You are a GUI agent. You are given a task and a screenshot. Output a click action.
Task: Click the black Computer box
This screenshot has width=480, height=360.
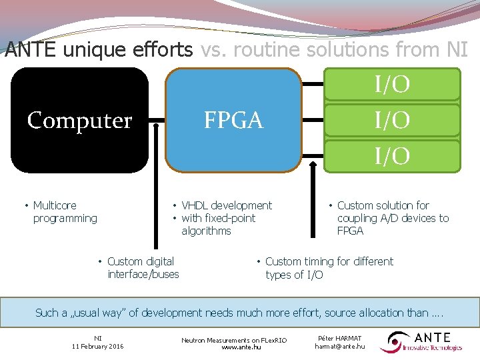click(79, 120)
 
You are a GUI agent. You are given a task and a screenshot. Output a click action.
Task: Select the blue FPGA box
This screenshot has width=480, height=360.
click(233, 120)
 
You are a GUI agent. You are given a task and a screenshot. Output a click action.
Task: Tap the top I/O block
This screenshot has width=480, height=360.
click(392, 85)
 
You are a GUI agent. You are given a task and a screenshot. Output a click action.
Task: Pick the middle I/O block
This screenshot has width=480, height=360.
click(392, 121)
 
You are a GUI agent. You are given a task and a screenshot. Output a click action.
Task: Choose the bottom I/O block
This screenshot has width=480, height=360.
click(392, 157)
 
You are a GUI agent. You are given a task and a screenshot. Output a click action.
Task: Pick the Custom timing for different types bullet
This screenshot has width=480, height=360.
click(327, 267)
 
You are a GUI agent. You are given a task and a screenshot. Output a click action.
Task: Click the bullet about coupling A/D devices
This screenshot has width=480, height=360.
click(391, 218)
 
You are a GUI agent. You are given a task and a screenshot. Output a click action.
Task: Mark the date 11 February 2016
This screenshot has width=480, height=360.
click(97, 347)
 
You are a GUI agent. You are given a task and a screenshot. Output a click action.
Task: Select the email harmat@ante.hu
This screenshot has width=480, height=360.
click(339, 347)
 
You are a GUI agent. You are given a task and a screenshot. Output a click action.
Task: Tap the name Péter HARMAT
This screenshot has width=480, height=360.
click(339, 339)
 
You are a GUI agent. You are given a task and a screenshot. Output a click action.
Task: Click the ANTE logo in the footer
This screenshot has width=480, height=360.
click(421, 342)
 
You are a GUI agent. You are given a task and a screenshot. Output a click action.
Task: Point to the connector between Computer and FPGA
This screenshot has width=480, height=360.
click(157, 121)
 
